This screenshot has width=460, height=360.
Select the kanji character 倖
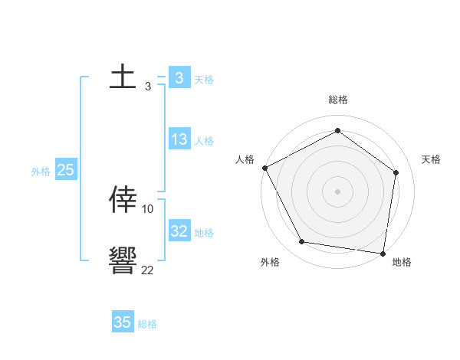coord(123,200)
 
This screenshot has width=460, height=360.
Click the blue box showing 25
coord(66,170)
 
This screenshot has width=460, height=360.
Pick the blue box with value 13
coord(179,139)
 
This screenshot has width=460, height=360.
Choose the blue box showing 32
coord(179,231)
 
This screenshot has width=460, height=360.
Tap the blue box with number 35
coord(123,322)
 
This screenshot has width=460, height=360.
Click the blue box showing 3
coord(179,78)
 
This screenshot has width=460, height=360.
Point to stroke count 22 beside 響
coord(147,270)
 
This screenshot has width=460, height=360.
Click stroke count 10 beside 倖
coord(148,208)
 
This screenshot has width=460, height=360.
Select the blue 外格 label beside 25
coord(41,172)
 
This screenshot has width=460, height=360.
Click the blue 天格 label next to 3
coord(204,80)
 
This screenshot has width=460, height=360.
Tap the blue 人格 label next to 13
coord(204,141)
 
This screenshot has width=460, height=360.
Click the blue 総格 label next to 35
coord(147,324)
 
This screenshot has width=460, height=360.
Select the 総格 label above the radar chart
coord(338,100)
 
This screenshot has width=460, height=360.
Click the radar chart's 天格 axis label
coord(432,159)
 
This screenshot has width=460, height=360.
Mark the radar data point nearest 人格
coord(264,168)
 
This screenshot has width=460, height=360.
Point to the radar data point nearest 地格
coord(383,253)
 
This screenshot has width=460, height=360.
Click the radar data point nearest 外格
coord(302,242)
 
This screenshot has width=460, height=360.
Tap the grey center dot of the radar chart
coord(338,191)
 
